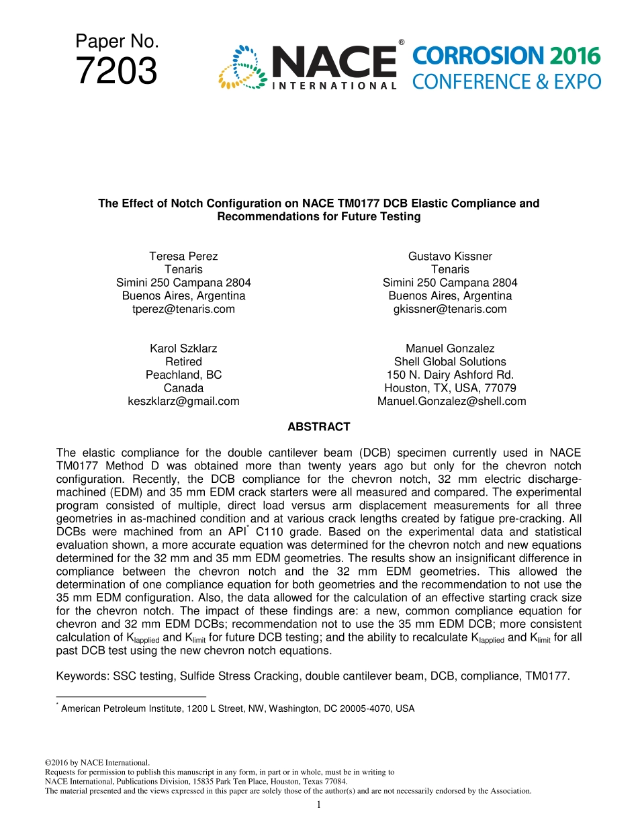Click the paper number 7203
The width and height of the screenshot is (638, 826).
click(117, 72)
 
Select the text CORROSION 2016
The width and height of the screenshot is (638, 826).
click(506, 56)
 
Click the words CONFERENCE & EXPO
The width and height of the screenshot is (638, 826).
click(506, 82)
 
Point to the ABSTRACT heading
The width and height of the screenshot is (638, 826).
click(318, 427)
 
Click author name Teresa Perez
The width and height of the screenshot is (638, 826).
click(183, 257)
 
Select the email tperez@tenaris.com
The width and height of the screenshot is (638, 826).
click(183, 309)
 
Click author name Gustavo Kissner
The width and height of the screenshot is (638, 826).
click(450, 257)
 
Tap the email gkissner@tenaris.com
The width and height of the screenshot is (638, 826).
click(450, 309)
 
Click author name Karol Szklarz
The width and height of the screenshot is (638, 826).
click(183, 349)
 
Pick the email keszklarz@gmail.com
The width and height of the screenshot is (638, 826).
click(183, 401)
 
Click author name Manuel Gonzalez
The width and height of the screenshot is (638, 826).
click(450, 349)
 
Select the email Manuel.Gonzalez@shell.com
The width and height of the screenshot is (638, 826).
click(451, 401)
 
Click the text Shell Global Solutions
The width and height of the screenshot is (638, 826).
click(450, 362)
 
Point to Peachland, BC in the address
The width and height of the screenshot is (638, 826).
click(183, 375)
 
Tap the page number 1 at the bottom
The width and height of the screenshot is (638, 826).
click(318, 805)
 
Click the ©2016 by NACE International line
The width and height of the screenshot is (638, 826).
click(96, 763)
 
